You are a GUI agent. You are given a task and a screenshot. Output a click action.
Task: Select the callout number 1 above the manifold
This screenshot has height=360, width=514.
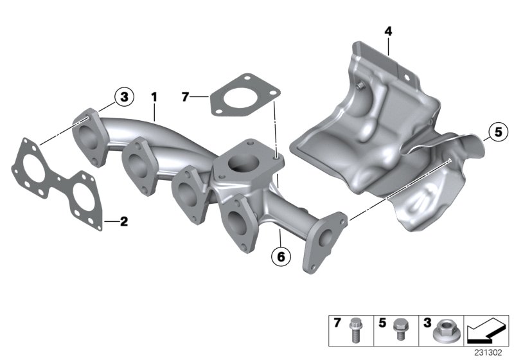coord(154,96)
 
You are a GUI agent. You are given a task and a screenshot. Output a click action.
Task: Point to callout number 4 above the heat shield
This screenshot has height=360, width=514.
coord(388,30)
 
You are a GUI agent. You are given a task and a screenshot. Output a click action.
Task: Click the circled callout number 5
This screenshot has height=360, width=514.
coord(496,133)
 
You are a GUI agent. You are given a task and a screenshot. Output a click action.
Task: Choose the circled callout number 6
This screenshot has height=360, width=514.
coord(280,256)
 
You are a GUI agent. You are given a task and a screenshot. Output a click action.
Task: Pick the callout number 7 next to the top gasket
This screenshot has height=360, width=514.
coord(186,97)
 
